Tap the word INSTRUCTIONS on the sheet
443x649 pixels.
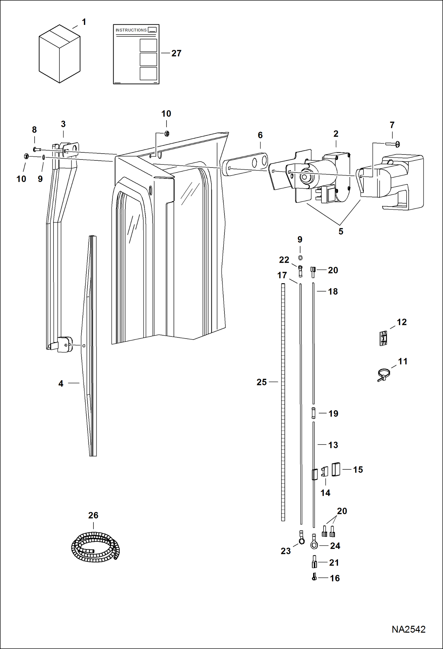coord(131,30)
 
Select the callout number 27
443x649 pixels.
coord(176,53)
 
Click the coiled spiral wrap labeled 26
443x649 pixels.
coord(95,547)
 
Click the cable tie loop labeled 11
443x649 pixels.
coord(384,375)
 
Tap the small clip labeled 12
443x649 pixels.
coord(383,338)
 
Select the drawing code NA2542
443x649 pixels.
coord(408,629)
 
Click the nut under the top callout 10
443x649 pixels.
coord(166,134)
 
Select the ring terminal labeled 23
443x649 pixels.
coord(301,540)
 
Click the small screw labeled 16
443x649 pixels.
coord(314,577)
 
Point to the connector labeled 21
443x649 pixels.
coord(314,561)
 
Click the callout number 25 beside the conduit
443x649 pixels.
coord(261,382)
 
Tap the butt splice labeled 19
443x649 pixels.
coord(313,413)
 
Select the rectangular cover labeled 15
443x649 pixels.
coord(336,469)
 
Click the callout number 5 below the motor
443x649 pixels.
coord(341,231)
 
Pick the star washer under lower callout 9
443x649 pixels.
coord(300,258)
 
